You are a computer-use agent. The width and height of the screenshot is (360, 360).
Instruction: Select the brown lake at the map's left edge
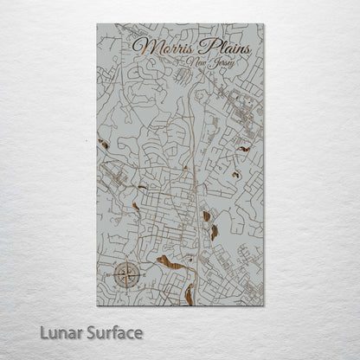tap(103, 143)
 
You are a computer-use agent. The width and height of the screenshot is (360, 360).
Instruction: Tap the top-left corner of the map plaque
tap(98, 25)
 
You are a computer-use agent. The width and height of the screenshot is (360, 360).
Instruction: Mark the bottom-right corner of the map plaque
tap(265, 305)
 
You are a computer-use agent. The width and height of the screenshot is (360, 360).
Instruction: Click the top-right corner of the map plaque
tap(265, 25)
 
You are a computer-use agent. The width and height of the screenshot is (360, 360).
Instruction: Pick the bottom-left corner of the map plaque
tap(98, 305)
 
